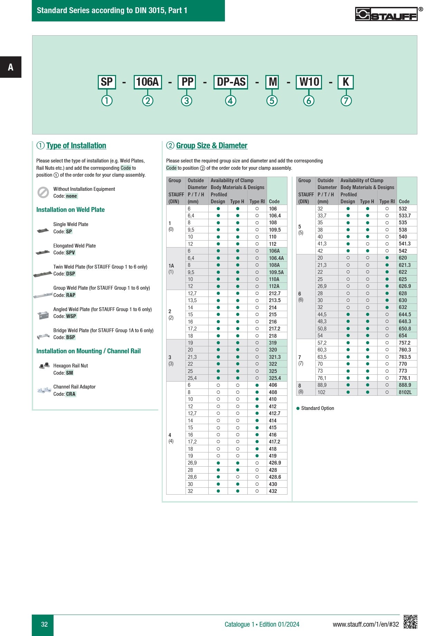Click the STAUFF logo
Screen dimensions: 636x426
[386, 14]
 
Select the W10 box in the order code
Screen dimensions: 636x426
[309, 82]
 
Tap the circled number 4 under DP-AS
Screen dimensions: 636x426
[230, 101]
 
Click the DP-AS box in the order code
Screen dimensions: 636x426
[230, 82]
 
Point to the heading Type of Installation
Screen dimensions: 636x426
[76, 146]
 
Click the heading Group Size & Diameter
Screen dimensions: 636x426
[211, 146]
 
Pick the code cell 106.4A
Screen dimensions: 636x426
[276, 258]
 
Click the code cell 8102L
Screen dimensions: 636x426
[405, 392]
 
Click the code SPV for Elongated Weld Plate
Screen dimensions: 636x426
[70, 253]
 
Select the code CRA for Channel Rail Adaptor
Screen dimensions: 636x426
[71, 394]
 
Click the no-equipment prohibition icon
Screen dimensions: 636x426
[43, 193]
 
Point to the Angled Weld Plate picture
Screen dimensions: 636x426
[43, 315]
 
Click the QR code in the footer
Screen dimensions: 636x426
[410, 622]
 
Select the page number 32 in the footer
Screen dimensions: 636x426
[44, 624]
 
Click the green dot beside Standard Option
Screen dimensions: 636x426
[298, 408]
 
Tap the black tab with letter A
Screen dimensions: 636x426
[11, 67]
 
